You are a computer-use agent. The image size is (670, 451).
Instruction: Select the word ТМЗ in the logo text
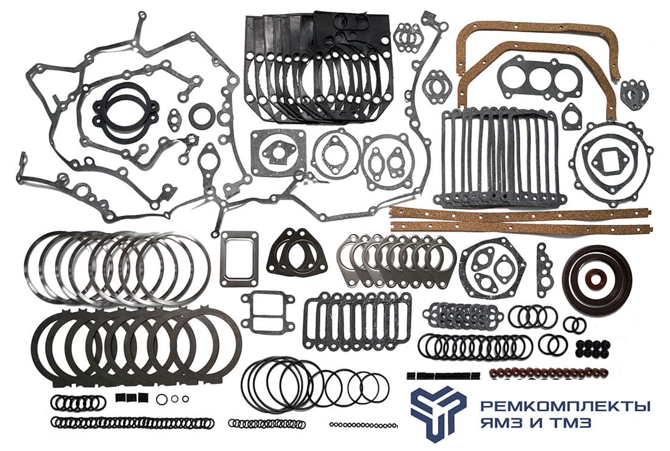(x=571, y=423)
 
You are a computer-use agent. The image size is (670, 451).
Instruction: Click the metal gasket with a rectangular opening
(x=240, y=258)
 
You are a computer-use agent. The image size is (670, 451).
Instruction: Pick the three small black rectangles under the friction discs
(x=132, y=397)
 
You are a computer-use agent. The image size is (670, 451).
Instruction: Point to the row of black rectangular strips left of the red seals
(x=443, y=376)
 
